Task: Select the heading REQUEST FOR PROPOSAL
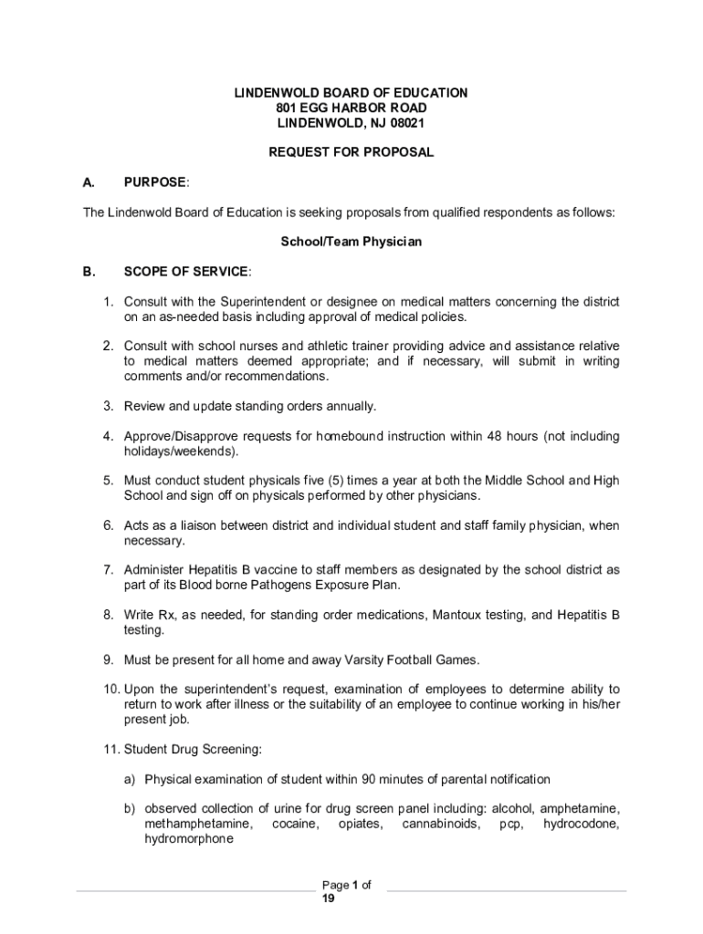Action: click(x=351, y=152)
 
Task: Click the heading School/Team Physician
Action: click(x=351, y=242)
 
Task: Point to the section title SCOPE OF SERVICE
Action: click(x=185, y=272)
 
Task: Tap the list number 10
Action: click(x=110, y=689)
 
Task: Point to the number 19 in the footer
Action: click(x=329, y=898)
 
